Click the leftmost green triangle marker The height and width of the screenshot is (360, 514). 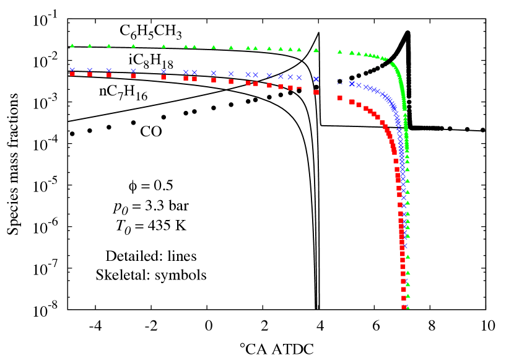[72, 45]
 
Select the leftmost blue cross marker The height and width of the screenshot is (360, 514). [72, 69]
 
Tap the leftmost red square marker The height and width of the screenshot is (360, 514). [72, 74]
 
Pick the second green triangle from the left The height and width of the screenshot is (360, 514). [89, 45]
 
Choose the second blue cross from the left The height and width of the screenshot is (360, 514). [89, 70]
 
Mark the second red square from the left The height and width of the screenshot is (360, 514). [90, 74]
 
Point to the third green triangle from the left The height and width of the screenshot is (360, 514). [108, 45]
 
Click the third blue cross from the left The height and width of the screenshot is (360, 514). [108, 70]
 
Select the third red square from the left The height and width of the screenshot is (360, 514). [109, 75]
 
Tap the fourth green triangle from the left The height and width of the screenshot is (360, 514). [133, 45]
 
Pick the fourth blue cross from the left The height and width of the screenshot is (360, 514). [133, 71]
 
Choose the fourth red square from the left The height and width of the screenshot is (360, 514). [133, 76]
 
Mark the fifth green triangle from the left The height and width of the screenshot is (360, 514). [163, 46]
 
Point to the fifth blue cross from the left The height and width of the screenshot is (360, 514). [163, 71]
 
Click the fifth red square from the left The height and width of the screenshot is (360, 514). [163, 77]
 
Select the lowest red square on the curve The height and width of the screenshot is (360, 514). [404, 307]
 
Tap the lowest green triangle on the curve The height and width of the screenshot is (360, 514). [407, 307]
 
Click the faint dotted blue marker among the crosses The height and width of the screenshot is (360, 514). [339, 82]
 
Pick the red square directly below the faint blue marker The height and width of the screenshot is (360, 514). [340, 97]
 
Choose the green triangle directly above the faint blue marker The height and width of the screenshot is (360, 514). [339, 51]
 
